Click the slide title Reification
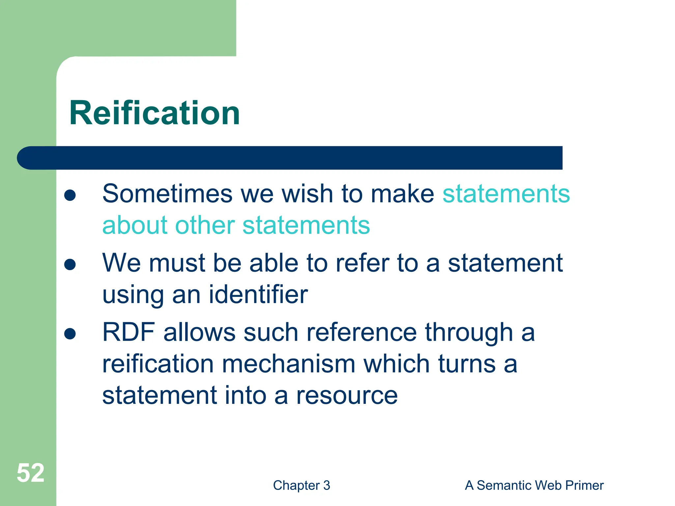[x=155, y=113]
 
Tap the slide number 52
[x=30, y=473]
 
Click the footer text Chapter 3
[x=301, y=485]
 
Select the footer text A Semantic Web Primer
[x=534, y=485]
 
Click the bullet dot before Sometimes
[x=70, y=195]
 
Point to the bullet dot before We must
[x=70, y=264]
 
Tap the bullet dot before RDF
[x=70, y=333]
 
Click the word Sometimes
[x=167, y=194]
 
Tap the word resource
[x=347, y=395]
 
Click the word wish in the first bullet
[x=308, y=194]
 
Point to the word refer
[x=362, y=263]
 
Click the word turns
[x=467, y=364]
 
